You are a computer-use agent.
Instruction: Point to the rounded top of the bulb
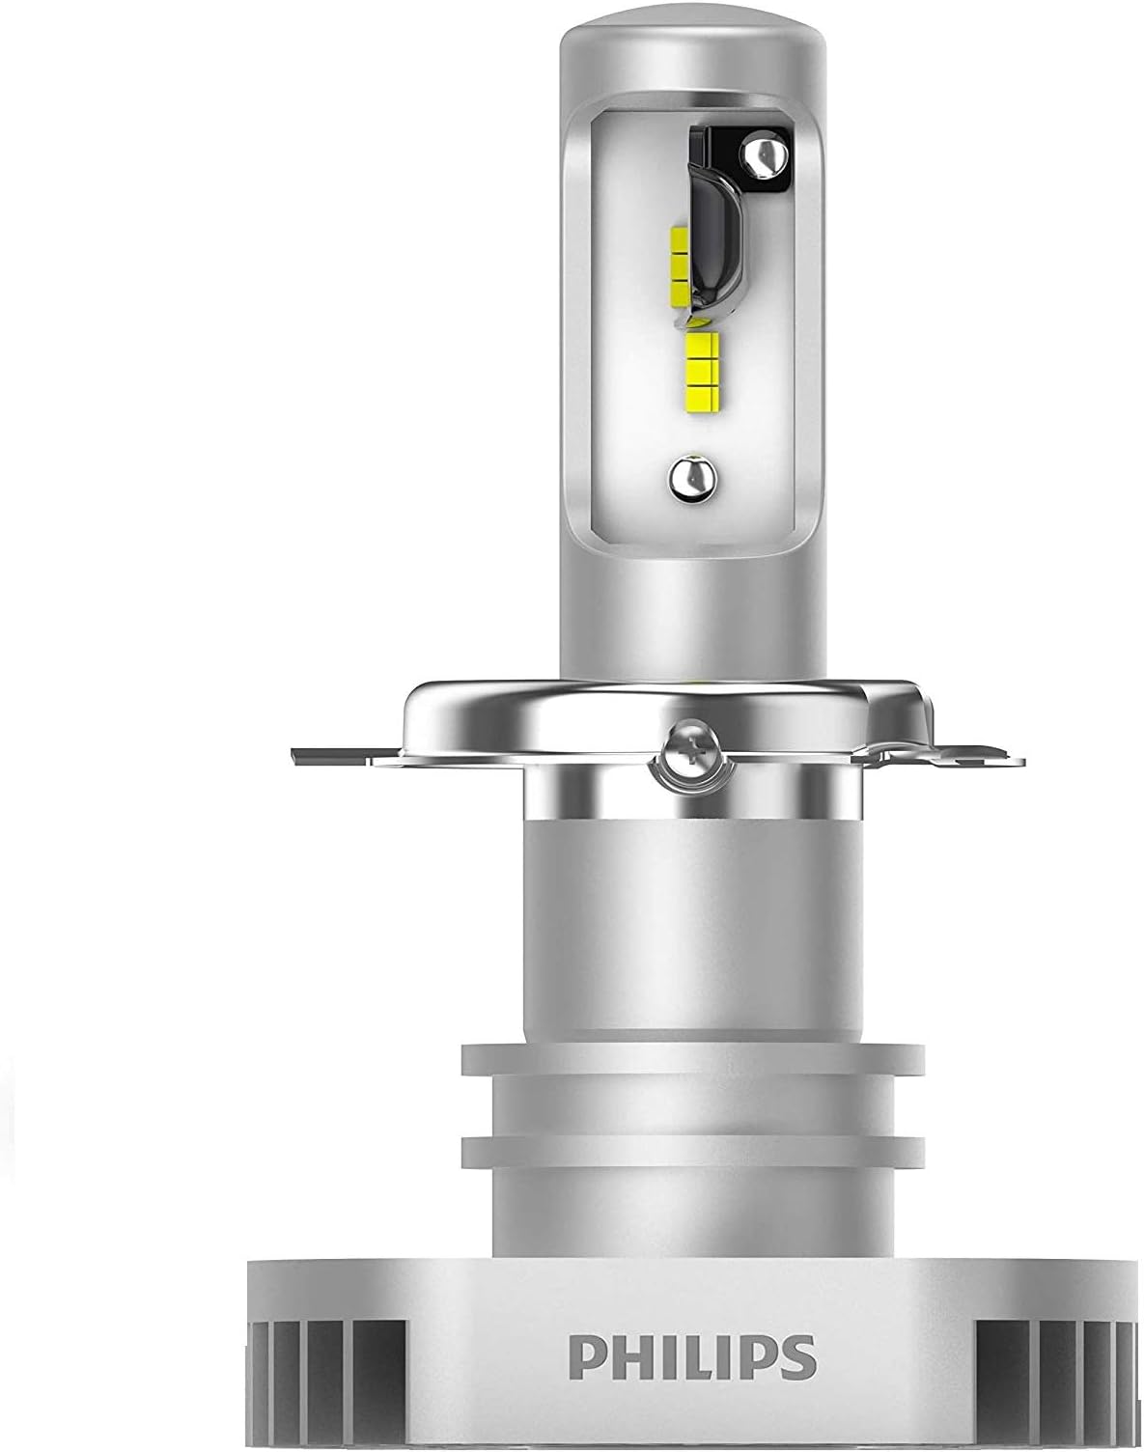[693, 48]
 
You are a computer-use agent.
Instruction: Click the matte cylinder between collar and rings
[693, 927]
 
